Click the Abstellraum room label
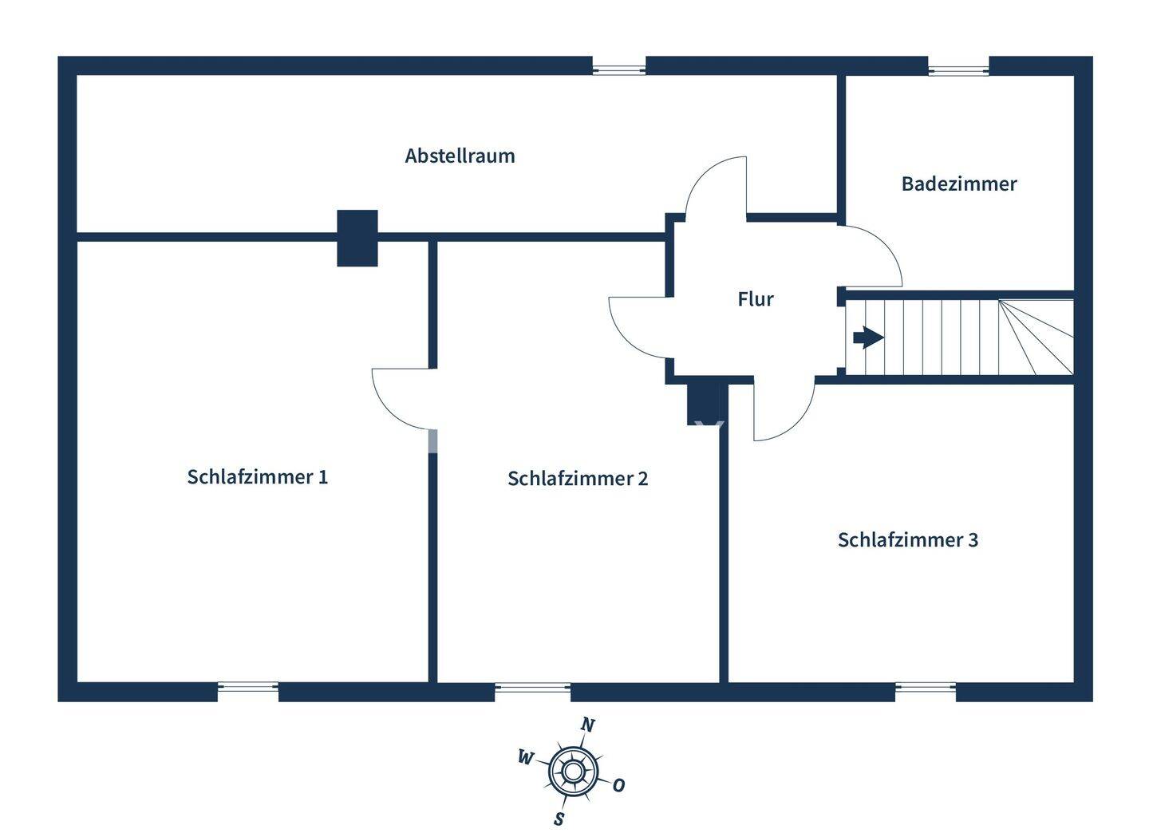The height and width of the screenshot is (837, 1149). coord(460,156)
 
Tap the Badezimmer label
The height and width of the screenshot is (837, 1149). coord(958,184)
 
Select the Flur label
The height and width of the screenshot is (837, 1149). coord(755,299)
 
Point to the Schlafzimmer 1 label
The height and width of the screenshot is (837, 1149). coord(257,476)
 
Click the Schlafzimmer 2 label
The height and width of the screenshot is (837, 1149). coord(578,478)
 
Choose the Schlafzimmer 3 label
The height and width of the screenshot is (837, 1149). coord(907,539)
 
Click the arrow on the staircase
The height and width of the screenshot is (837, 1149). coord(867,338)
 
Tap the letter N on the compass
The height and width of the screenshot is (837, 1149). coord(588,724)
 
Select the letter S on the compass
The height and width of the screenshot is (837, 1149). coord(559,819)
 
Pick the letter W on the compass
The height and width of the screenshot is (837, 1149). coord(525,757)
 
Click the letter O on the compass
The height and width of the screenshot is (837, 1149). coord(618,785)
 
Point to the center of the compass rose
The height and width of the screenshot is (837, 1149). coord(573,772)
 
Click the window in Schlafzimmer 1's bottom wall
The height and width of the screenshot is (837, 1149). coord(248,691)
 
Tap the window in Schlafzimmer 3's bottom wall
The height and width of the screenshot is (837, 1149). coord(925,691)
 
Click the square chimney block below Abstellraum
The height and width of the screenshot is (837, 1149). coord(357,238)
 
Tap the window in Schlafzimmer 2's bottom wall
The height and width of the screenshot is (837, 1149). coord(532,691)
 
